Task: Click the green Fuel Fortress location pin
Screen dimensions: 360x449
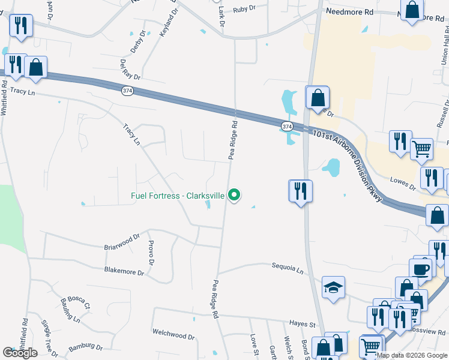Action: [x=235, y=196]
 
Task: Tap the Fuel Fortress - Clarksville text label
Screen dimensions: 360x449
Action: [x=178, y=196]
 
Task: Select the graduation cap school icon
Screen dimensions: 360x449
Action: [x=334, y=288]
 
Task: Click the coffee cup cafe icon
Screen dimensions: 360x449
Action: [x=421, y=269]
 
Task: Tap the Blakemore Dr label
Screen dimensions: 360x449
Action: [x=124, y=272]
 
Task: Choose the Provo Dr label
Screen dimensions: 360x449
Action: [x=151, y=254]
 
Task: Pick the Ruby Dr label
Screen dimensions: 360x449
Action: [x=244, y=9]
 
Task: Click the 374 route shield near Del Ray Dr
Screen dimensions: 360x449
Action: [x=127, y=91]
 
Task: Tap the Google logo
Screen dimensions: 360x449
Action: [x=20, y=353]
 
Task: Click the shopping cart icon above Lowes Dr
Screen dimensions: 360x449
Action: [x=421, y=148]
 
